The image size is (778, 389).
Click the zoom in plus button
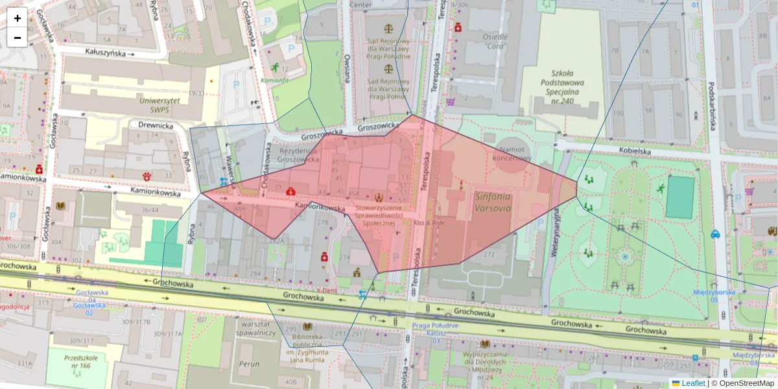click(18, 18)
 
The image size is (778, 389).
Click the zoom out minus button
click(18, 38)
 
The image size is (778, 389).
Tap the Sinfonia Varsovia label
click(493, 202)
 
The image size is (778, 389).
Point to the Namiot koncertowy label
click(512, 152)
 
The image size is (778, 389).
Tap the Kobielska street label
click(635, 150)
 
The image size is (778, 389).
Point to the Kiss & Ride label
click(429, 222)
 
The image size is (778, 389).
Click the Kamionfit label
click(275, 80)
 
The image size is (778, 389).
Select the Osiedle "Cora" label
click(495, 41)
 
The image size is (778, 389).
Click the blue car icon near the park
click(715, 234)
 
